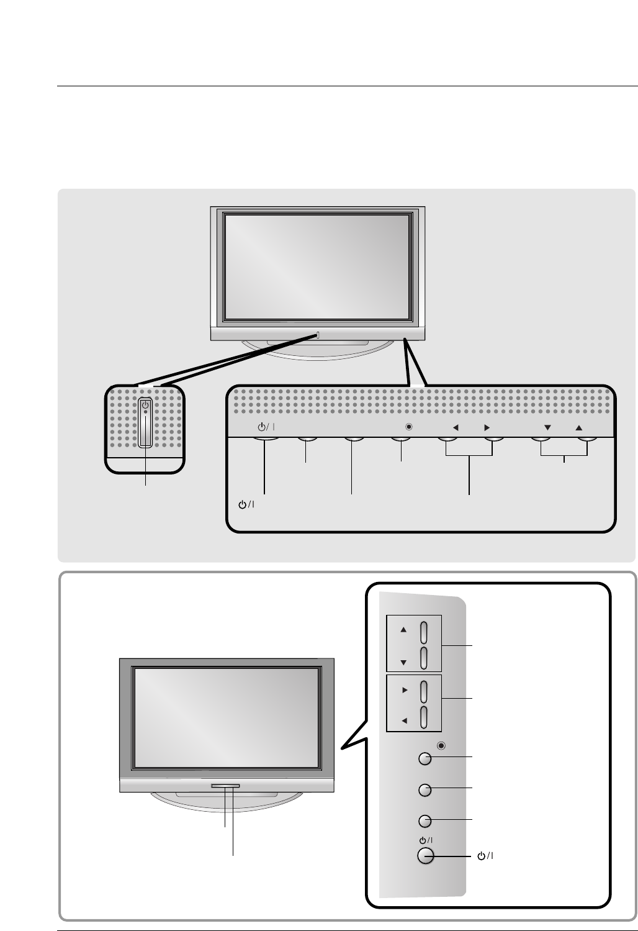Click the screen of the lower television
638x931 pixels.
(227, 719)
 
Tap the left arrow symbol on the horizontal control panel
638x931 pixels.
(455, 427)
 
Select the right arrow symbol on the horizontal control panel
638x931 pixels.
(487, 427)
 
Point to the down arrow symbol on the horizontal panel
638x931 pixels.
(547, 427)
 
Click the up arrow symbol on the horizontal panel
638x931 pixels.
(578, 427)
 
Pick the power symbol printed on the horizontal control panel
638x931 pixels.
(265, 427)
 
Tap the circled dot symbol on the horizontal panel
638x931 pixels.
(408, 427)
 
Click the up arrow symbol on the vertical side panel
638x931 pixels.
(403, 629)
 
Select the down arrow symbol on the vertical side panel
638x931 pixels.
(403, 663)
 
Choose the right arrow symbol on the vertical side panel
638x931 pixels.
(403, 690)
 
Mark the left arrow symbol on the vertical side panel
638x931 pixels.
(403, 721)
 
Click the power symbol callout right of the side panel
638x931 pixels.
(485, 856)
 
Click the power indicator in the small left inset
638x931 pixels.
(145, 405)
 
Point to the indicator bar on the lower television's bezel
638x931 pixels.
(225, 786)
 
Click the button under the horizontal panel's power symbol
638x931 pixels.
(265, 440)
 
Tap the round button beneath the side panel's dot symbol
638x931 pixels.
(424, 758)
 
